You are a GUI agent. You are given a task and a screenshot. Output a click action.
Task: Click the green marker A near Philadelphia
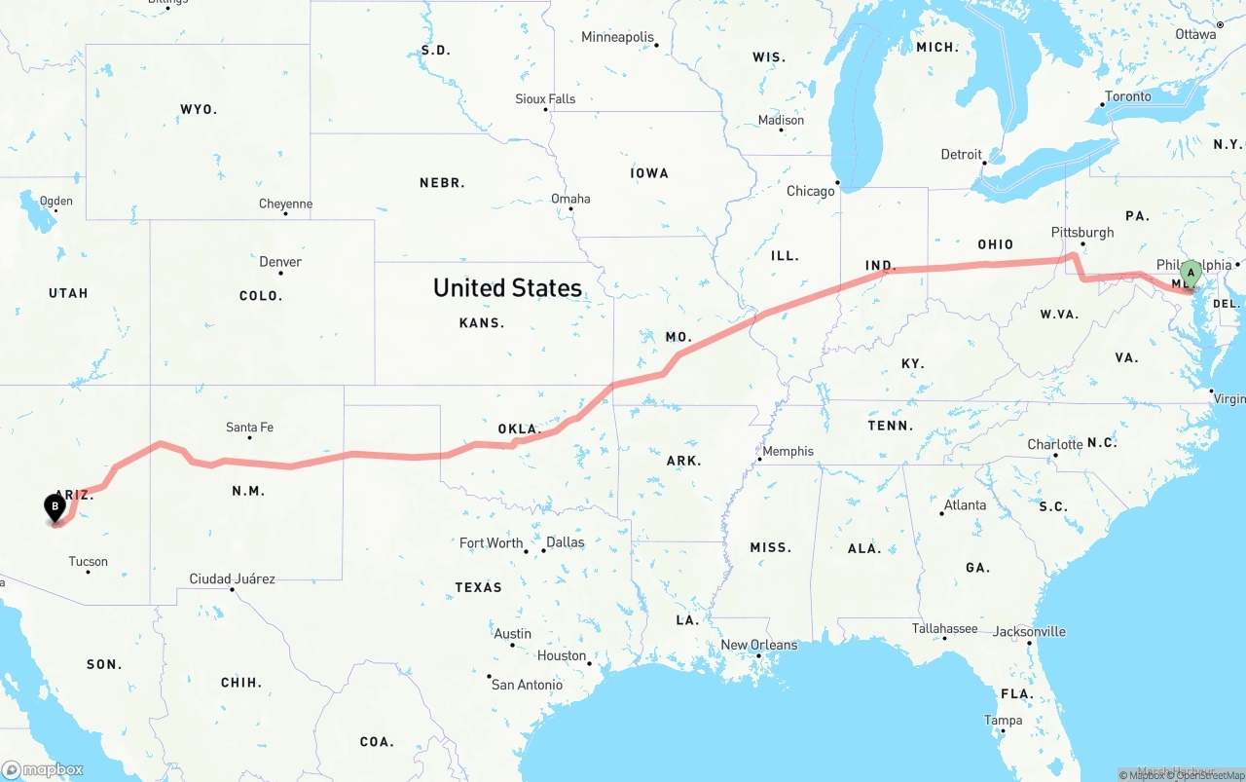click(x=1190, y=274)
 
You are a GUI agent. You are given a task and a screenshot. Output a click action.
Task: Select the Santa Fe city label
click(x=249, y=428)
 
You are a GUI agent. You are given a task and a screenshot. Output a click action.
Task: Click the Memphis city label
click(x=788, y=451)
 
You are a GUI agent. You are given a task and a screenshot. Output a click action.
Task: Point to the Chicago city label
click(x=810, y=191)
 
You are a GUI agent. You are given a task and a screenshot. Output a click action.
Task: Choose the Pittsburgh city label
click(x=1081, y=233)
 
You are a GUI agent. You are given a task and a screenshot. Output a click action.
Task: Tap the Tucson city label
click(x=88, y=561)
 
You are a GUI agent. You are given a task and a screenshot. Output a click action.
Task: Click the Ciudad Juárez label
click(x=232, y=578)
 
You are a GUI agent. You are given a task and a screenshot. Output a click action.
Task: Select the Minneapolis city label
click(x=617, y=37)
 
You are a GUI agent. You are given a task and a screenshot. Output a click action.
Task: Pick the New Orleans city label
click(x=758, y=645)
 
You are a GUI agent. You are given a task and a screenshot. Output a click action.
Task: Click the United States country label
click(x=507, y=287)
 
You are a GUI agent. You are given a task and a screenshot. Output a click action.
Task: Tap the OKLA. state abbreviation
click(x=518, y=428)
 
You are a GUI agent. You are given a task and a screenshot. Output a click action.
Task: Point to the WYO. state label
click(x=199, y=109)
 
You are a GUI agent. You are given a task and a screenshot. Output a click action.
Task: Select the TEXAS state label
click(x=478, y=587)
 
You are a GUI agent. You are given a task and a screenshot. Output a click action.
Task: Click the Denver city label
click(x=280, y=261)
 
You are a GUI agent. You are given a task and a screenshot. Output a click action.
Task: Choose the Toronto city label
click(x=1127, y=96)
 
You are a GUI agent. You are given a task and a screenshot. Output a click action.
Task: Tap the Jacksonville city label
click(x=1029, y=631)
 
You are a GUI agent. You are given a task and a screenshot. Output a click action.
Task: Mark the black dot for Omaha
click(x=571, y=210)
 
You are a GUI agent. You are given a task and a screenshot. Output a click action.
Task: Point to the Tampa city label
click(x=1003, y=721)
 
